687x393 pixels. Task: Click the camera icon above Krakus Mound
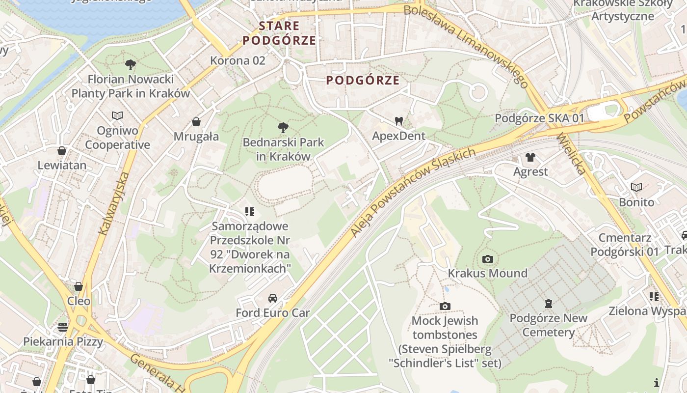(487, 259)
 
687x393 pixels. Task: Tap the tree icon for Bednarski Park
(283, 128)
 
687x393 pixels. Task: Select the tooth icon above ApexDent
(398, 121)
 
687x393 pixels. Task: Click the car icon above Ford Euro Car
(273, 298)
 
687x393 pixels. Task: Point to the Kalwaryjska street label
(113, 203)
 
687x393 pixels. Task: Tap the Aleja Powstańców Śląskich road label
(413, 192)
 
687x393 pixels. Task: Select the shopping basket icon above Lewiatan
(62, 151)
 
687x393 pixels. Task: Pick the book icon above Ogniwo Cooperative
(117, 116)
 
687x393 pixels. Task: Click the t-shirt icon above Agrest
(530, 157)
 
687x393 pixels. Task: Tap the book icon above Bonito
(636, 188)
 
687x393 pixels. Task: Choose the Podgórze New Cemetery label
(548, 325)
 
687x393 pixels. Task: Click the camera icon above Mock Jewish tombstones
(445, 307)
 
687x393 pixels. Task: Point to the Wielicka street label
(571, 153)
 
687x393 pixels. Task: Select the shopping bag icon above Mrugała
(196, 122)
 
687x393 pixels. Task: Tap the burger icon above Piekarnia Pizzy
(63, 327)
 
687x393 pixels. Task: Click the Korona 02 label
(238, 61)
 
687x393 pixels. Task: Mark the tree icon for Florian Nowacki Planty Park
(130, 64)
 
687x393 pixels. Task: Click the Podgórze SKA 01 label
(539, 118)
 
